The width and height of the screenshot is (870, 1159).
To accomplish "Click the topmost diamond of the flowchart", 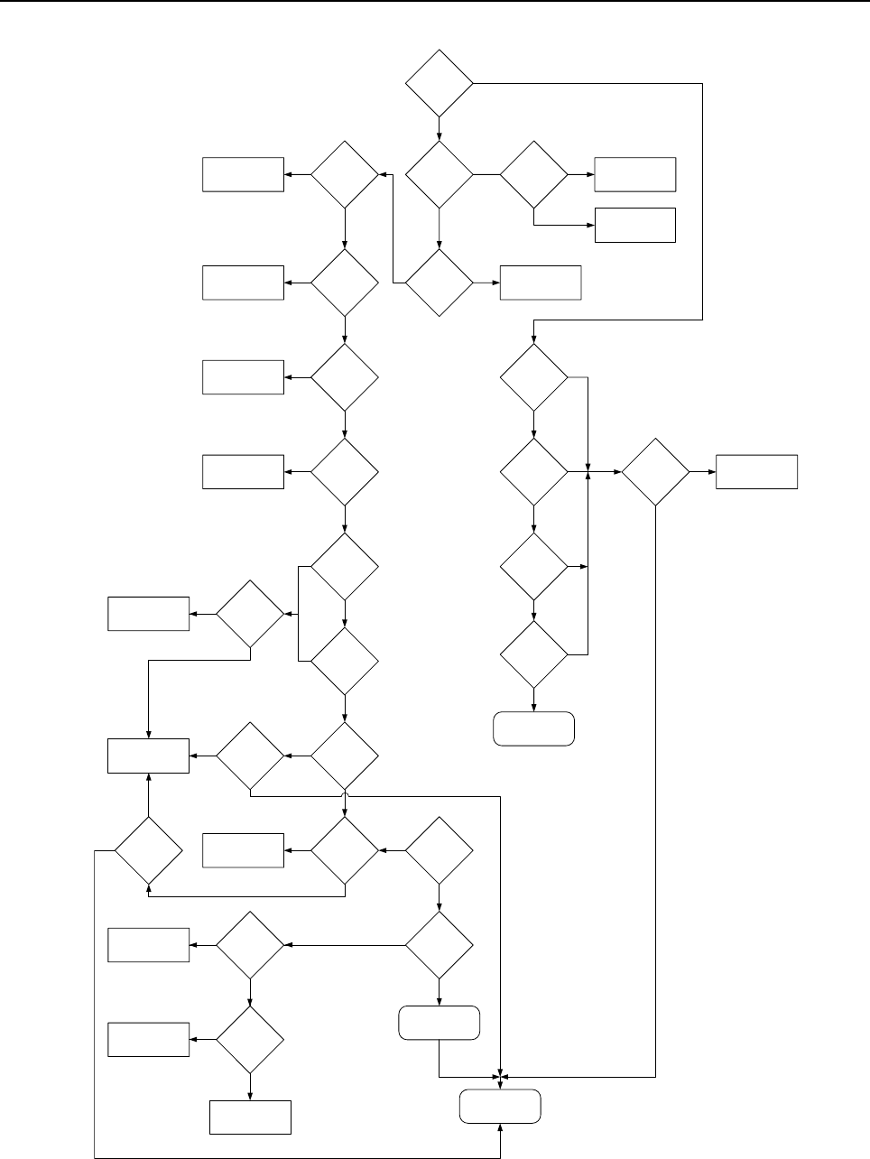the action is click(440, 84).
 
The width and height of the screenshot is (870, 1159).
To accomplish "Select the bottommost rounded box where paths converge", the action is click(501, 1107).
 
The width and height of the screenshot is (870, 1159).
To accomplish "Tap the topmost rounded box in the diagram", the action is click(533, 729).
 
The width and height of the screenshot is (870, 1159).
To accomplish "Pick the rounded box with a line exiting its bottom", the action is click(439, 1023).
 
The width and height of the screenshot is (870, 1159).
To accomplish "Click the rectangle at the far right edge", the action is click(756, 472).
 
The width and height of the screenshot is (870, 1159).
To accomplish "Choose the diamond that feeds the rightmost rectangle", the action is click(655, 472).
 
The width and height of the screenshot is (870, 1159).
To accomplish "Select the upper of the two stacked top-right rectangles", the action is click(635, 174).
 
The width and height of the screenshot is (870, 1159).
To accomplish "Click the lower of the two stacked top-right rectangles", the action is click(635, 225).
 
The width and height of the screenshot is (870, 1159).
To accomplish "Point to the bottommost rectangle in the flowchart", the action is click(250, 1117).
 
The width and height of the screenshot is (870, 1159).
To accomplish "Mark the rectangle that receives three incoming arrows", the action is click(149, 756).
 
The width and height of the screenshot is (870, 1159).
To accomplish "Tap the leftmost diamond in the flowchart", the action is click(148, 849).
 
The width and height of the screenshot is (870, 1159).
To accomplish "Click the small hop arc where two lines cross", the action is click(346, 796).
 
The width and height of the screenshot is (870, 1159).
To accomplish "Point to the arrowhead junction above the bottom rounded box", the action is click(501, 1076).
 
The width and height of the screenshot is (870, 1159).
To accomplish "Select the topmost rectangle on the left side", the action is click(243, 174).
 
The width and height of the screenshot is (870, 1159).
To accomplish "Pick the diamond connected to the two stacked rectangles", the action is click(533, 174).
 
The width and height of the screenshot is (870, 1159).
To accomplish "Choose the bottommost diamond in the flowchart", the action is click(250, 1040).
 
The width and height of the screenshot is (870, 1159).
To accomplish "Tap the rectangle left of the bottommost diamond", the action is click(149, 1040).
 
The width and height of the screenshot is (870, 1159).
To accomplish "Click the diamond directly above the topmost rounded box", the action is click(533, 654).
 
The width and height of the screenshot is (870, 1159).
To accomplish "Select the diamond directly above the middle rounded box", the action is click(439, 945).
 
